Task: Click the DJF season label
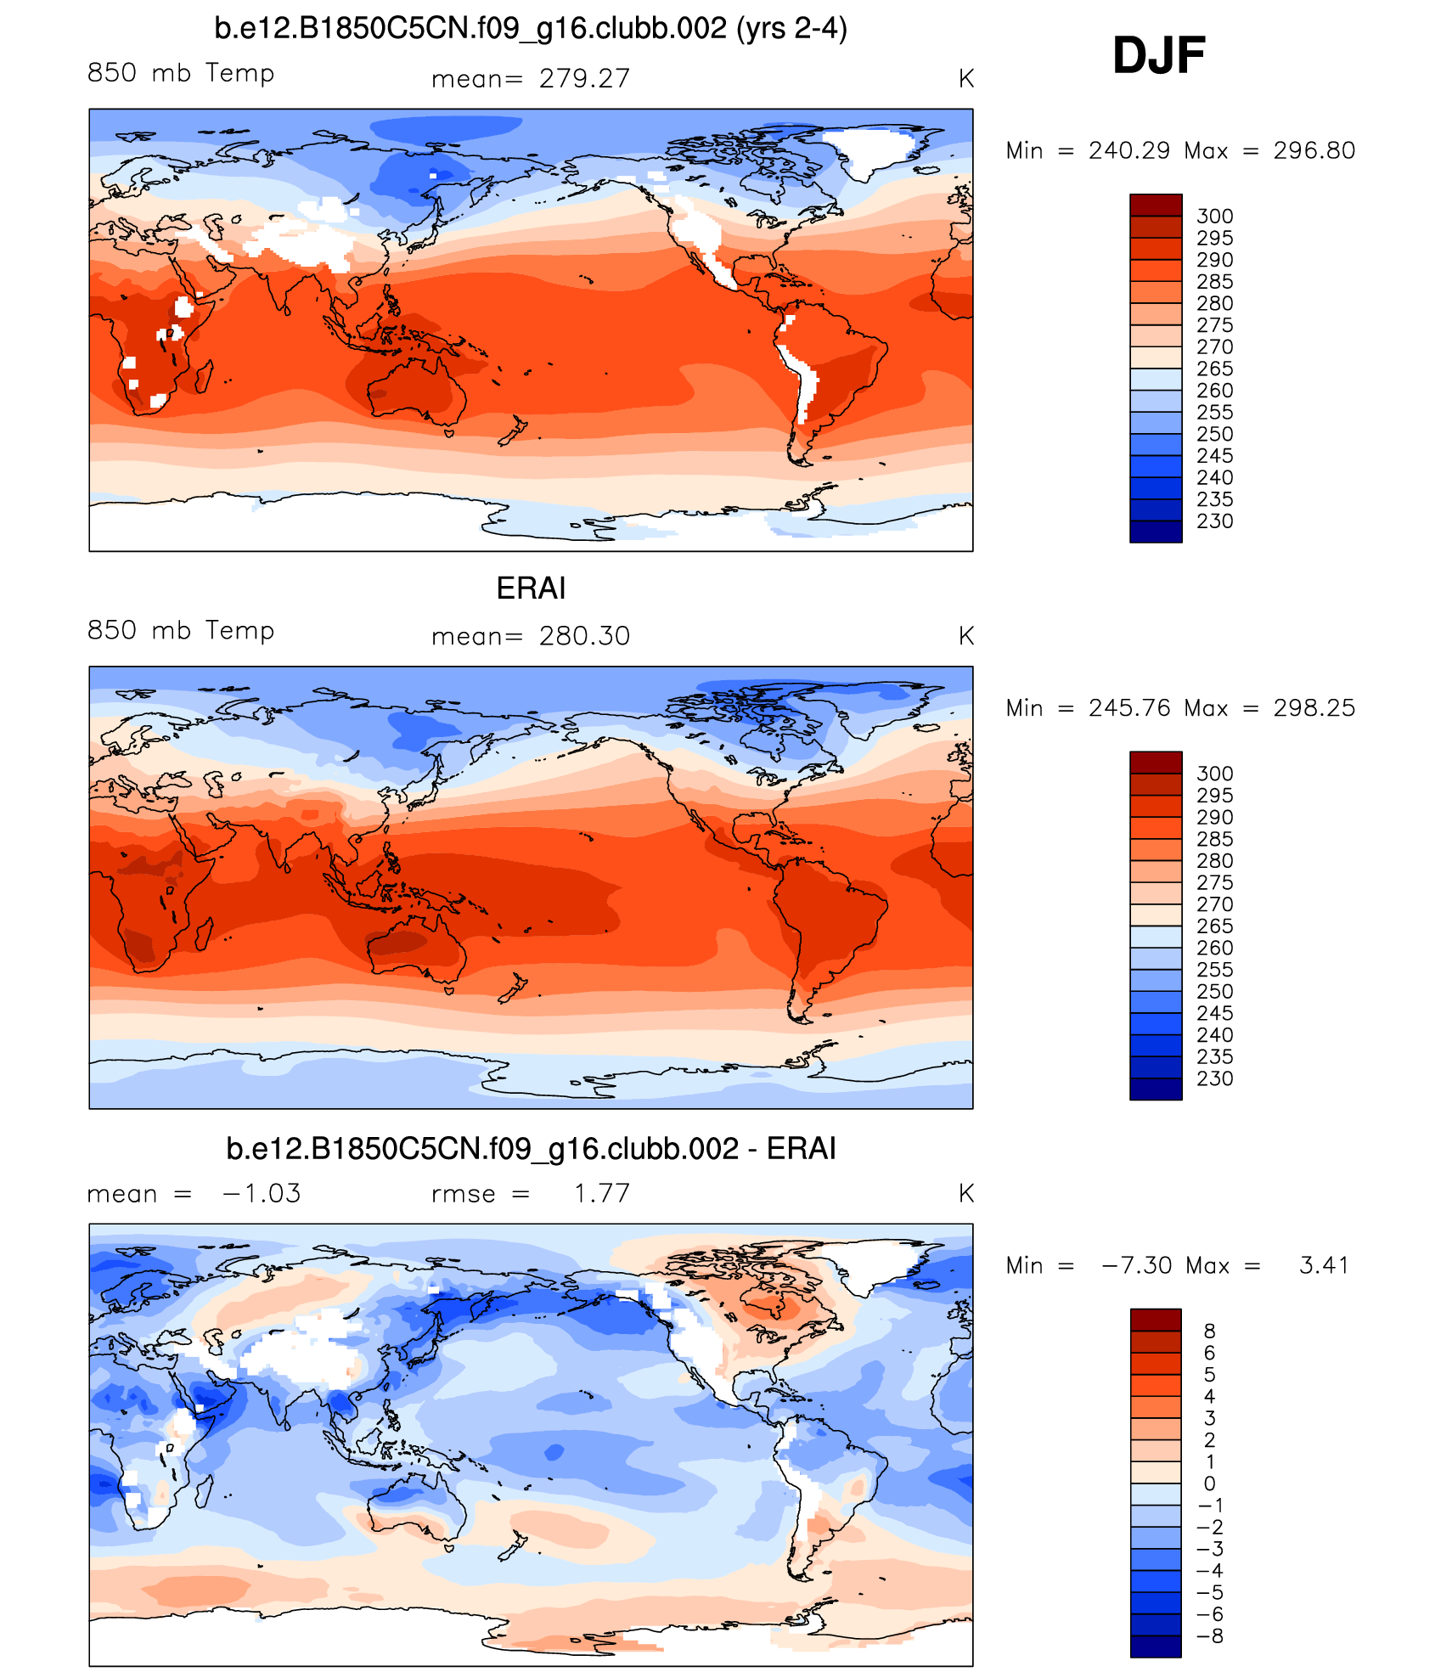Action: pyautogui.click(x=1158, y=56)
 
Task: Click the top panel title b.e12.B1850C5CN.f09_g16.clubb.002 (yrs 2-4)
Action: pyautogui.click(x=531, y=29)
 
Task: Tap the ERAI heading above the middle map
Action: pyautogui.click(x=531, y=588)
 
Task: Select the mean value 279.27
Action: pyautogui.click(x=584, y=78)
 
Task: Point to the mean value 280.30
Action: pyautogui.click(x=584, y=636)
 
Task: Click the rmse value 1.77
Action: pyautogui.click(x=601, y=1193)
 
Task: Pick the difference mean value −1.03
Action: pyautogui.click(x=262, y=1193)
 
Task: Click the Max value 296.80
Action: pyautogui.click(x=1314, y=150)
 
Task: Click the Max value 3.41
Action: pyautogui.click(x=1324, y=1265)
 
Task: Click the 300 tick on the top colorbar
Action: pyautogui.click(x=1214, y=217)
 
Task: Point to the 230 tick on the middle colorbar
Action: pyautogui.click(x=1214, y=1078)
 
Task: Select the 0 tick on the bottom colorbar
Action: pyautogui.click(x=1209, y=1483)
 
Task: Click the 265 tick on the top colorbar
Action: pyautogui.click(x=1214, y=369)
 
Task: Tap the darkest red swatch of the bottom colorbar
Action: pyautogui.click(x=1155, y=1320)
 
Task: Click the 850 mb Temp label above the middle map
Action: pyautogui.click(x=181, y=630)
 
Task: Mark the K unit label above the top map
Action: pyautogui.click(x=965, y=79)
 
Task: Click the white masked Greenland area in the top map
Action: pyautogui.click(x=875, y=149)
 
